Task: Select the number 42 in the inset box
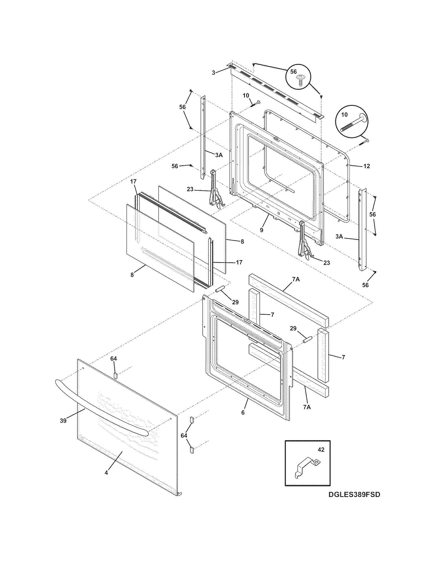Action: coord(321,449)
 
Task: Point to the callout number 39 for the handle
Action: coord(63,421)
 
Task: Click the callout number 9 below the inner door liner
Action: coord(262,230)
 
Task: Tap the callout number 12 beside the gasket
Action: coord(366,166)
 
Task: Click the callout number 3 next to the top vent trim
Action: coord(213,73)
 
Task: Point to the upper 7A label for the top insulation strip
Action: coord(296,279)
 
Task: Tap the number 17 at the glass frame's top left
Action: coord(133,181)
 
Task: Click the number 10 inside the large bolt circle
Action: coord(344,115)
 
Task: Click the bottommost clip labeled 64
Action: coord(191,450)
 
